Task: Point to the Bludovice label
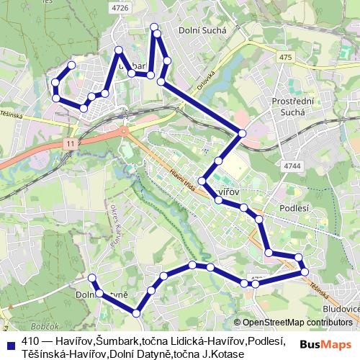341,308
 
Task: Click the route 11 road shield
69,144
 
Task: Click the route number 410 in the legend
30,341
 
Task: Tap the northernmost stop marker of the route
154,27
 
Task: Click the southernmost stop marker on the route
136,312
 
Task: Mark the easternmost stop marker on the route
305,271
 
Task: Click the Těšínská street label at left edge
11,114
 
